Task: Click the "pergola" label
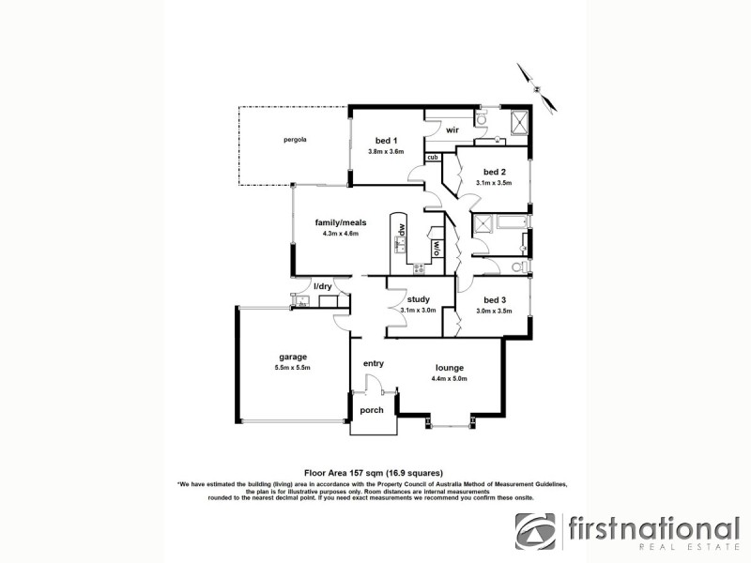(x=296, y=140)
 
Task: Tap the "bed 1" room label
(x=385, y=140)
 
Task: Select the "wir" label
(x=452, y=130)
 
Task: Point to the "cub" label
(x=433, y=158)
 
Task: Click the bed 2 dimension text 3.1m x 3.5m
(x=494, y=184)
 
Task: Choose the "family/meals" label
(x=340, y=222)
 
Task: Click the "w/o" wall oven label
(x=437, y=249)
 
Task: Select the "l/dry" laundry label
(x=324, y=285)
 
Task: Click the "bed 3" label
(x=496, y=299)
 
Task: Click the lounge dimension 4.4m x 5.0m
(x=450, y=378)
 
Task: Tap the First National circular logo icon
(x=534, y=532)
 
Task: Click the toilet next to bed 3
(x=517, y=268)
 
